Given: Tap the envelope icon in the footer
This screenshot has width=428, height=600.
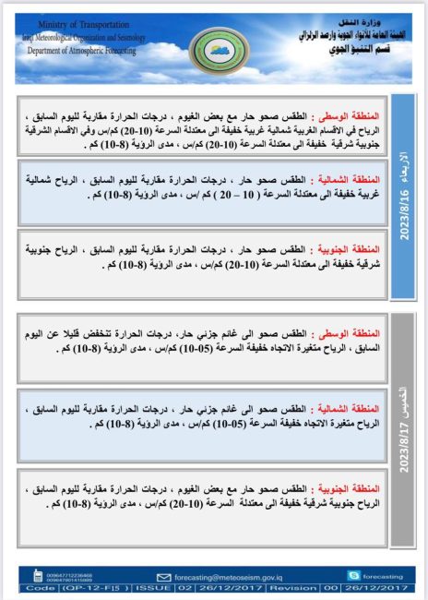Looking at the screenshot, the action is [x=165, y=576].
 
